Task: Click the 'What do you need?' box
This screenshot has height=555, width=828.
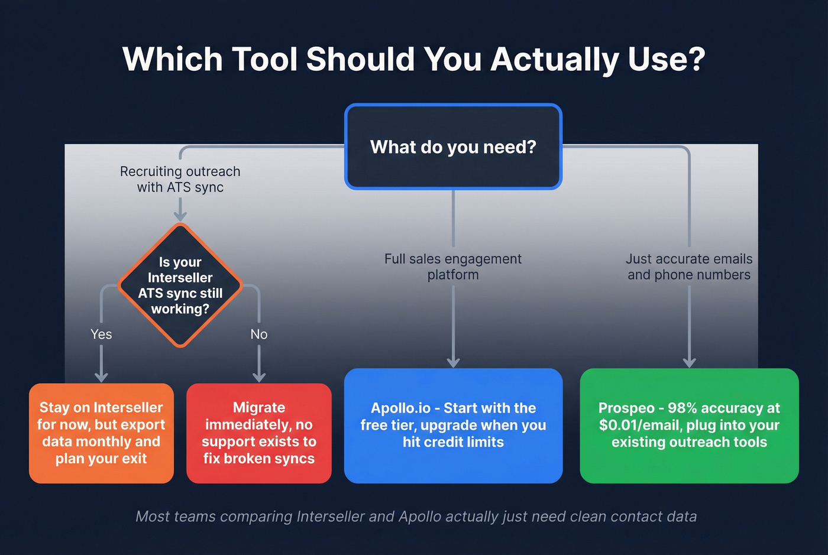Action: coord(453,147)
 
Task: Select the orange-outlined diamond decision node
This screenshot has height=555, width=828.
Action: coord(180,285)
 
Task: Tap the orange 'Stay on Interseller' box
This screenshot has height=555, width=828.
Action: coord(101,433)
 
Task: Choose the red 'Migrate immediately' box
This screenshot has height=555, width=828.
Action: coord(258,433)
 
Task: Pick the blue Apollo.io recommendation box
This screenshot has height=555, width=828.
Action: coord(453,426)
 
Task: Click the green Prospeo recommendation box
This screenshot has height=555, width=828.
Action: coord(689,426)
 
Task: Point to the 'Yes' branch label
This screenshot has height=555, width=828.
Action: coord(101,334)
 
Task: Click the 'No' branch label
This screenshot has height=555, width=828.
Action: coord(259,334)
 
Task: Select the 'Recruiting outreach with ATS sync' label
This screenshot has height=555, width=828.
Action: coord(180,179)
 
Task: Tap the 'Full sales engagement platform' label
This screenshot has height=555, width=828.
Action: coord(453,267)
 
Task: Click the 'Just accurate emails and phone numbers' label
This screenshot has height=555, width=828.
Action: coord(689,267)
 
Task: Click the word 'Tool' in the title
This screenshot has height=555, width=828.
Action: coord(264,59)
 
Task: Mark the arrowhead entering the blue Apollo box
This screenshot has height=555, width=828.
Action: coord(453,362)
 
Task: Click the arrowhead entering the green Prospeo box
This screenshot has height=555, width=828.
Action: coord(689,362)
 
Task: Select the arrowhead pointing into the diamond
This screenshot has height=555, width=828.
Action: coord(180,216)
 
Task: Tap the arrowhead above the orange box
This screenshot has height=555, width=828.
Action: coord(101,377)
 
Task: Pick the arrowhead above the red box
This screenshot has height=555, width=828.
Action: coord(259,377)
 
